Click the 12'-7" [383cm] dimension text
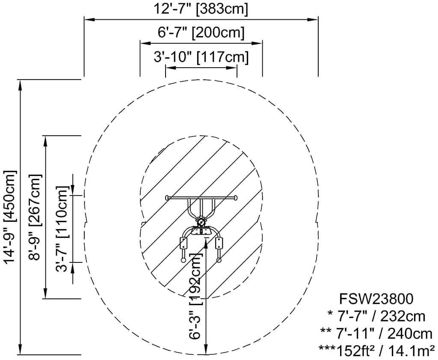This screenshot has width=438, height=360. tap(201, 9)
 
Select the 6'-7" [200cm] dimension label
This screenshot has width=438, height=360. tap(201, 33)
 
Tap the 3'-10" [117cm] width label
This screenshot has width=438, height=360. tap(201, 57)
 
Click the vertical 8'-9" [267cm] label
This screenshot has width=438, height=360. tap(36, 217)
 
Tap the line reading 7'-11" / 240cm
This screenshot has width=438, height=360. tap(376, 333)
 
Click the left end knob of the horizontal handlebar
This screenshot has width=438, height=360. tap(167, 198)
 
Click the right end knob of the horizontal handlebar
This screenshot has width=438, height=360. tap(234, 198)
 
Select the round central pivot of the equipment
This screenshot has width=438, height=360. tap(200, 223)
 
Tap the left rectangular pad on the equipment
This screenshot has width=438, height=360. tap(184, 244)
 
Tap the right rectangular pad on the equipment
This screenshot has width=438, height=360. tap(220, 244)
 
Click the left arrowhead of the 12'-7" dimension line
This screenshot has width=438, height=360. tap(87, 19)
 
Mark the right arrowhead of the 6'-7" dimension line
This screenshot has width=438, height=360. tap(258, 43)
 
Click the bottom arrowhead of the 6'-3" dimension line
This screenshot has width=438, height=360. tap(207, 351)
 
